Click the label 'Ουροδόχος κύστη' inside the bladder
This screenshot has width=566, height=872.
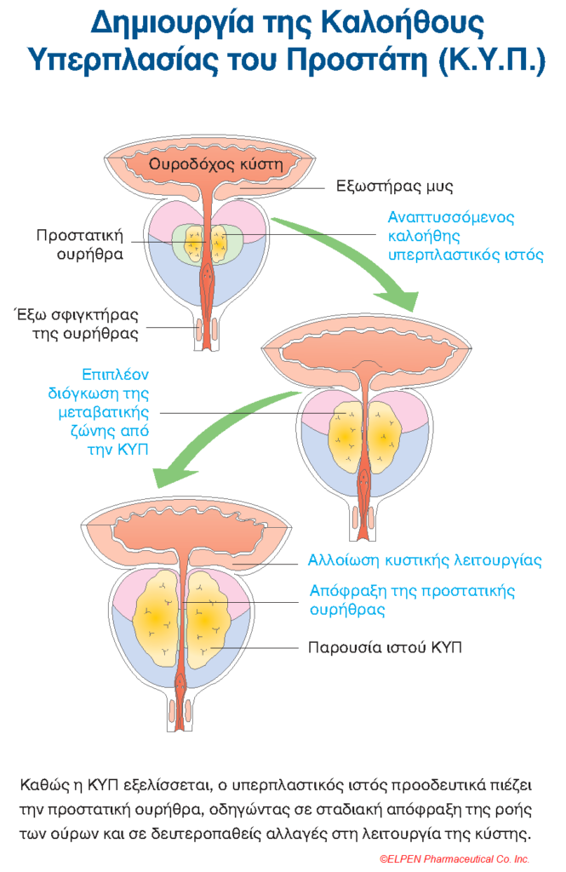coord(214,164)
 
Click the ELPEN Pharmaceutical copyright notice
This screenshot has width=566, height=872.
coord(455,859)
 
